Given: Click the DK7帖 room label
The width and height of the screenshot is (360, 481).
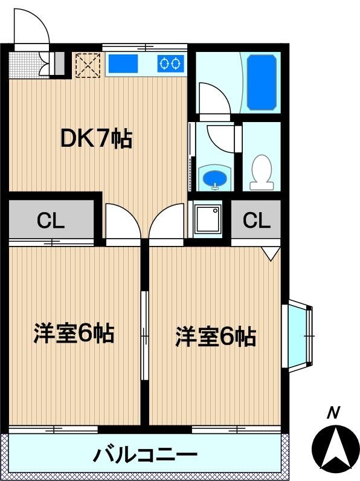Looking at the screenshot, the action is pyautogui.click(x=97, y=139).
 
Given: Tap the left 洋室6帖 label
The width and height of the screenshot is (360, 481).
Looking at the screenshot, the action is pyautogui.click(x=74, y=333).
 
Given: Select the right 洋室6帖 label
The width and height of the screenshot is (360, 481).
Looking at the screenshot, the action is pyautogui.click(x=216, y=337).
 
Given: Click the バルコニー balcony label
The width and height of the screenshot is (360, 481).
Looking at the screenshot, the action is pyautogui.click(x=145, y=454).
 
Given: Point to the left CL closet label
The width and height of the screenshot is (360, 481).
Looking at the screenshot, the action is pyautogui.click(x=51, y=220).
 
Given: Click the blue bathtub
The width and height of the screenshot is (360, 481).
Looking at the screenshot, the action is pyautogui.click(x=262, y=82).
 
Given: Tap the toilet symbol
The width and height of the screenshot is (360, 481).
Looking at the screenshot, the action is pyautogui.click(x=262, y=172).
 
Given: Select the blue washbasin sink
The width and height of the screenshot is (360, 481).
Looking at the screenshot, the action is pyautogui.click(x=214, y=177).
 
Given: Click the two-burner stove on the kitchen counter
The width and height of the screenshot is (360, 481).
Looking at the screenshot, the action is pyautogui.click(x=170, y=63).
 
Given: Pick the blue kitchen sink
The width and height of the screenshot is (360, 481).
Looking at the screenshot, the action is pyautogui.click(x=123, y=63).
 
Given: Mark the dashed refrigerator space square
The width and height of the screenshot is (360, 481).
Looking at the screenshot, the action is pyautogui.click(x=88, y=65).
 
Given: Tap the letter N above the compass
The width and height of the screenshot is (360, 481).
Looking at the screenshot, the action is pyautogui.click(x=333, y=413).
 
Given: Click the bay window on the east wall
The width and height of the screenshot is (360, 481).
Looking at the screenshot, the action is pyautogui.click(x=297, y=336).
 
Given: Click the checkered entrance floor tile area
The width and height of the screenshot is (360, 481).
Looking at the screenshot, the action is pyautogui.click(x=24, y=65).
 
